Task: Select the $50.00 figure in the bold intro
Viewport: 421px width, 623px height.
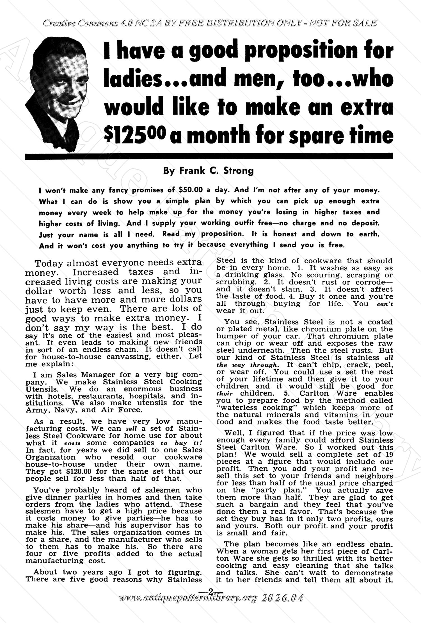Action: [x=190, y=190]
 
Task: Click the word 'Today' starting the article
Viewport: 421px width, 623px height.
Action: [x=49, y=263]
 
